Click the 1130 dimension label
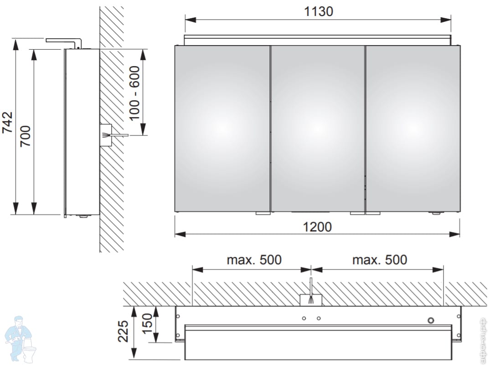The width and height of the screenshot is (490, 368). [319, 11]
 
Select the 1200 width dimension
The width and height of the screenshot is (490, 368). [318, 226]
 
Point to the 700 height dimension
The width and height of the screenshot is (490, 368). [26, 135]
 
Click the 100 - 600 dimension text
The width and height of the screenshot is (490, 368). [134, 92]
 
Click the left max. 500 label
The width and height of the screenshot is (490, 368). [254, 260]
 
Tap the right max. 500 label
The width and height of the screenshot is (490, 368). [380, 260]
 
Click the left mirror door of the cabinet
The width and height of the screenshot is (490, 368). [222, 128]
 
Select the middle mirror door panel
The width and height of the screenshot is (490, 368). [318, 128]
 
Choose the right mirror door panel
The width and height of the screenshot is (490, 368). [413, 128]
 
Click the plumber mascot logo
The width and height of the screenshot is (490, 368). [20, 340]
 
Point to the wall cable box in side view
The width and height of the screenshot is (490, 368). [105, 135]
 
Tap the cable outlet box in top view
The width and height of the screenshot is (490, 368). [310, 300]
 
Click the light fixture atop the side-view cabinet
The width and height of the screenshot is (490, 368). [64, 41]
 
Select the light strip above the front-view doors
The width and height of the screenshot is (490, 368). [318, 40]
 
